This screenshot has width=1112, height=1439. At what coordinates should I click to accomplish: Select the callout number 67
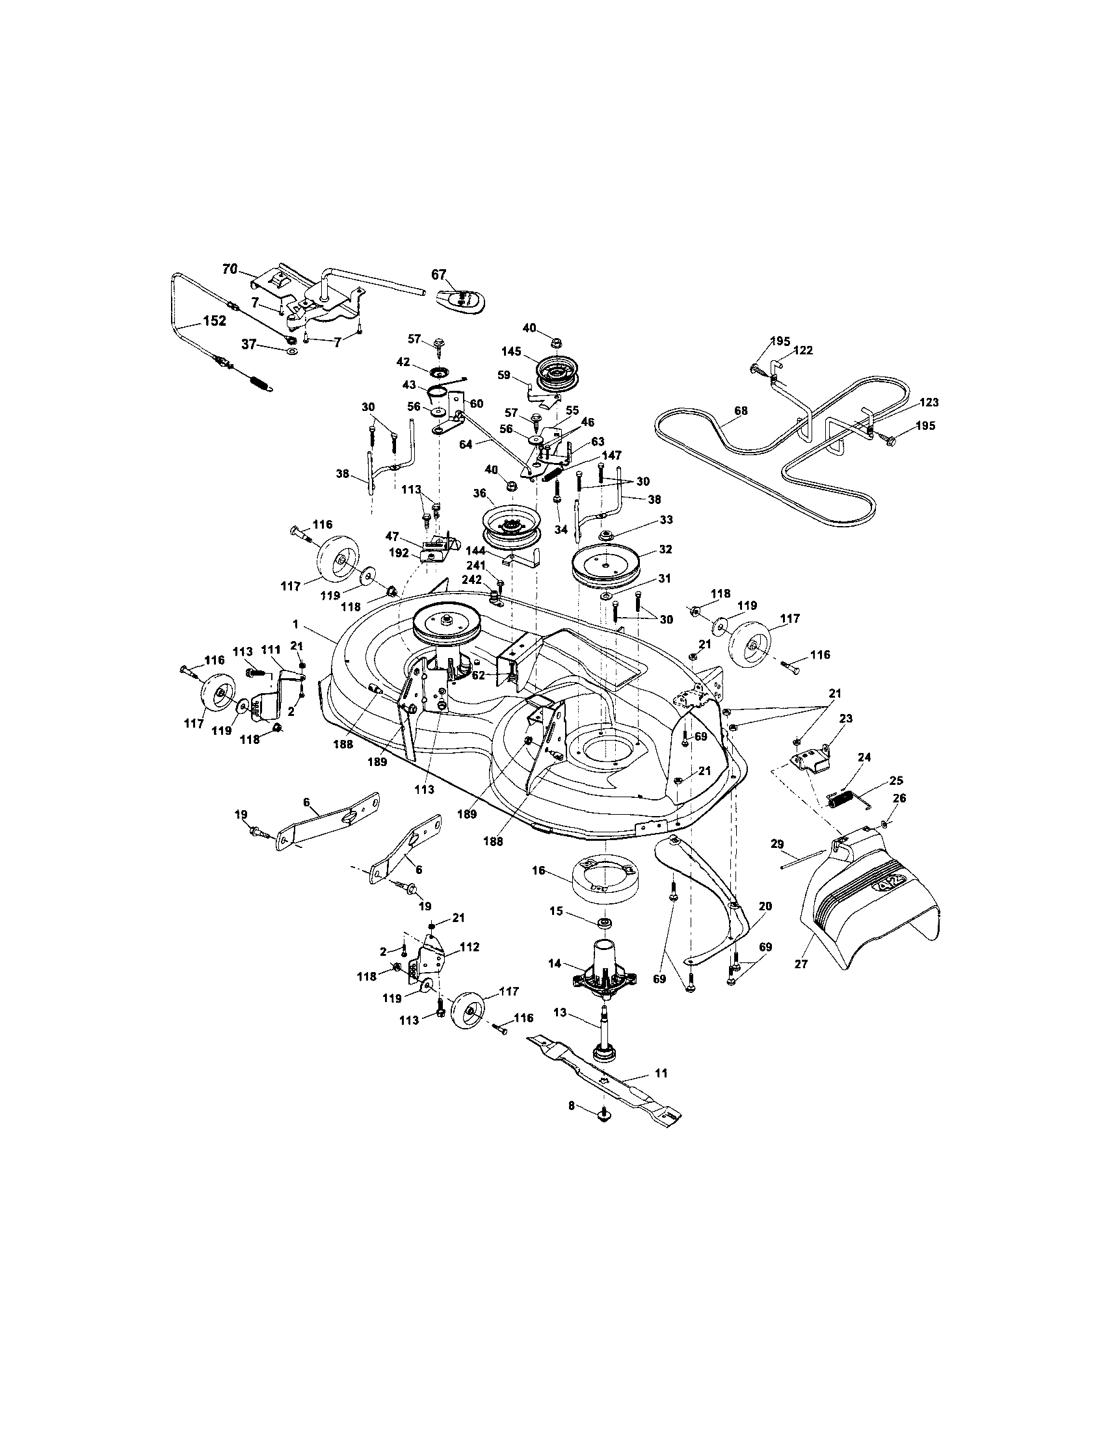click(439, 274)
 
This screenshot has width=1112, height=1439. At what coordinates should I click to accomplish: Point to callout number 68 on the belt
click(741, 410)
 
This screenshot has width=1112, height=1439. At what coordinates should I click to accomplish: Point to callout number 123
click(929, 403)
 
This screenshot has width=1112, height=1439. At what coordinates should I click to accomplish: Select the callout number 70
click(230, 269)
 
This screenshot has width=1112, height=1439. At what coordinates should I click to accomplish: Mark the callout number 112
click(470, 947)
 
